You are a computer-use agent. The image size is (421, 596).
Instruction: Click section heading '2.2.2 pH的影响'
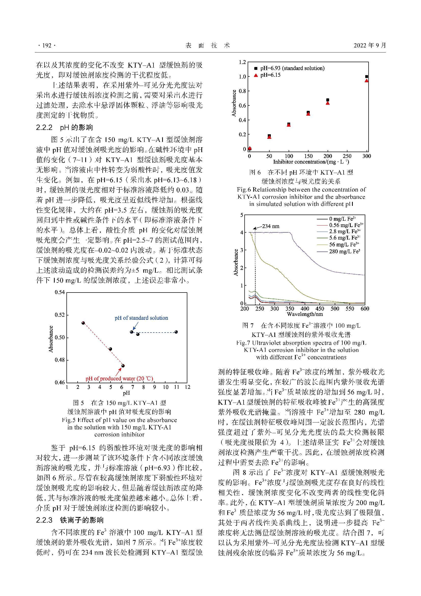click(64, 127)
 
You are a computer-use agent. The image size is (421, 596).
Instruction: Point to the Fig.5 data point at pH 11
click(176, 332)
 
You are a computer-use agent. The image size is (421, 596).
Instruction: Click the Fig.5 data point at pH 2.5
click(83, 323)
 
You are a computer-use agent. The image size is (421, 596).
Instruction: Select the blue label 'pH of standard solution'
click(141, 318)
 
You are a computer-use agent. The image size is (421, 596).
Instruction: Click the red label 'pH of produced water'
click(119, 378)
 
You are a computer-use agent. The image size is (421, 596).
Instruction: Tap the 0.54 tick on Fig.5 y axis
click(60, 292)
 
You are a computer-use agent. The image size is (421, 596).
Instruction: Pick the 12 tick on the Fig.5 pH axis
click(187, 387)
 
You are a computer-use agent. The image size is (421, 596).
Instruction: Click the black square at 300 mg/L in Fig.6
click(367, 77)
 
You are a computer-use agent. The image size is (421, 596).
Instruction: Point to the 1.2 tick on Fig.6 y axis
click(242, 62)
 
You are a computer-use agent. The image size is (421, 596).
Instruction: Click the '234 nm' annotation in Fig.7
click(271, 226)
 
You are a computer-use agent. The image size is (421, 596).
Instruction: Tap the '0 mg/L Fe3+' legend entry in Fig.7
click(342, 219)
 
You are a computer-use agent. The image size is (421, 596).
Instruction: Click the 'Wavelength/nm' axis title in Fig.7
click(305, 314)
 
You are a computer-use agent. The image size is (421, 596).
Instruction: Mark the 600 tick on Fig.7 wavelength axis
click(365, 309)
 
